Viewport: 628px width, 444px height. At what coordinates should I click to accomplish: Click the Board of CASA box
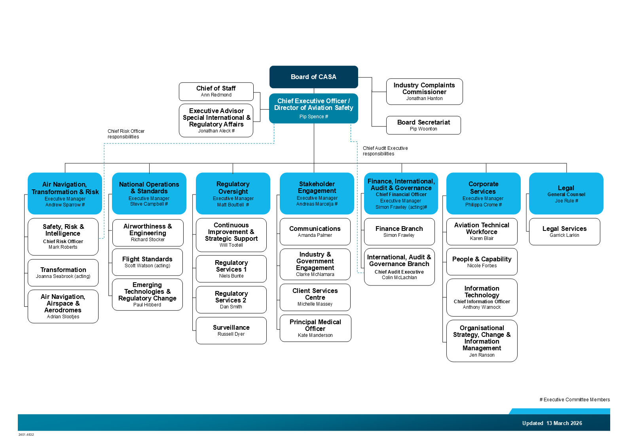pos(313,77)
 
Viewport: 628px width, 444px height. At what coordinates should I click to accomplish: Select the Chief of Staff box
pos(216,91)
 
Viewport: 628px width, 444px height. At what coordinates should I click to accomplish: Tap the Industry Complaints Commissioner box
pos(424,91)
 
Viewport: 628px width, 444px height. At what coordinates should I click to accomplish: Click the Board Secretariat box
pos(423,125)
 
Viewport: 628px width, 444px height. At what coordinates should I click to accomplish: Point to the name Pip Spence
pos(313,117)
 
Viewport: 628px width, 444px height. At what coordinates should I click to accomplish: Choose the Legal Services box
pos(564,232)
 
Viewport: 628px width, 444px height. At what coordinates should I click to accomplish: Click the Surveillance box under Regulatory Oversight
pos(231,331)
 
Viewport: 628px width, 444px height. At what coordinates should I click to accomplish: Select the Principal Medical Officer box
pos(315,328)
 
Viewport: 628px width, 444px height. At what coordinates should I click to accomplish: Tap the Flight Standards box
pos(147,262)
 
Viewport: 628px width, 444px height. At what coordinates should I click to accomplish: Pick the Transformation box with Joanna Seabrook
pos(63,272)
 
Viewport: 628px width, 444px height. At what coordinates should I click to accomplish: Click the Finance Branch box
pos(399,232)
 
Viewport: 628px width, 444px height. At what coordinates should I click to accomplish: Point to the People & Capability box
pos(482,262)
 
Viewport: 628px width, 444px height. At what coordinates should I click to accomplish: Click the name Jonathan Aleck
pos(216,131)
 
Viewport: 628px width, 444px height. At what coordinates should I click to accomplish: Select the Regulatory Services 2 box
pos(231,300)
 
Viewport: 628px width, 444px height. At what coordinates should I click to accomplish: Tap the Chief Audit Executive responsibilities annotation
pos(385,151)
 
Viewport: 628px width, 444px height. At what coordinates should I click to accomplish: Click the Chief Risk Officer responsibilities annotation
pos(126,134)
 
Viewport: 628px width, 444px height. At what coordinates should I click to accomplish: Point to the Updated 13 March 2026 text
pos(552,423)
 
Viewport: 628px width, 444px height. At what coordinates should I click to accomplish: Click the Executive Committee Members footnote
pos(575,400)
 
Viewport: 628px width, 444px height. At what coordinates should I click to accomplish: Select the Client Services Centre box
pos(315,297)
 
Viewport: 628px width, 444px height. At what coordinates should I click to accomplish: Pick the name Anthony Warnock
pos(482,307)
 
